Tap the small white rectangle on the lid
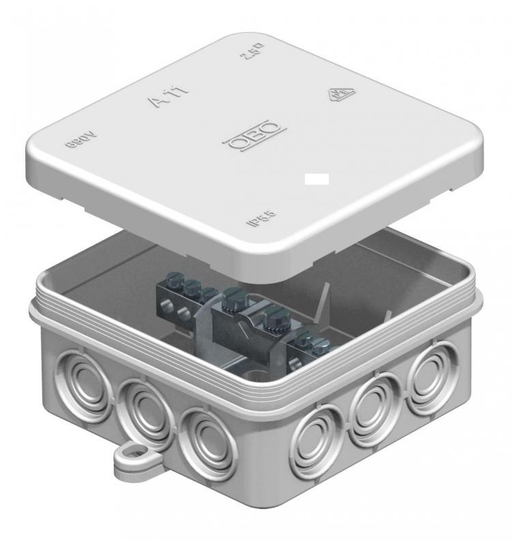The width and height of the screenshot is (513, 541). pyautogui.click(x=317, y=179)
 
